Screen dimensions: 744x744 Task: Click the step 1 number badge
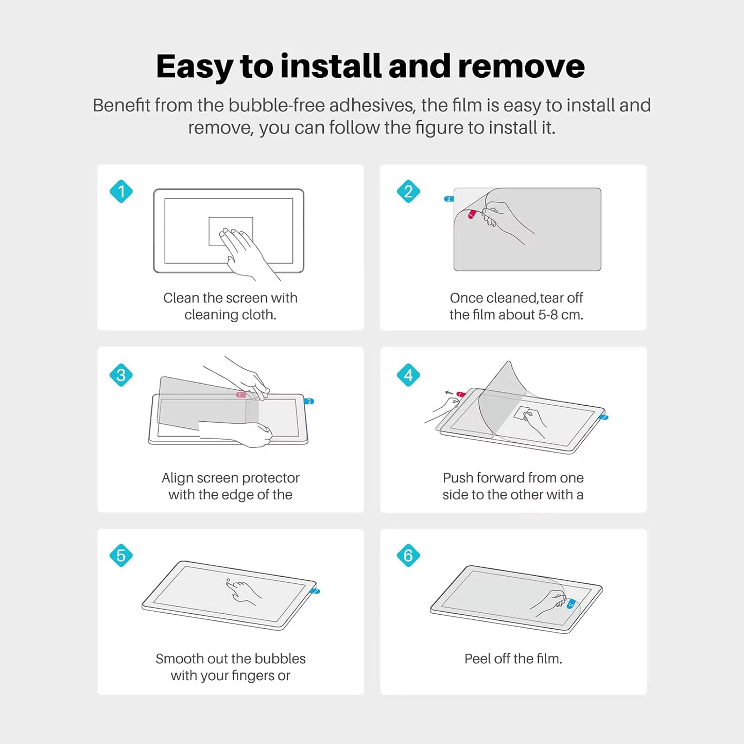[121, 192]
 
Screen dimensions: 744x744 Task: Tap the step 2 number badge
[408, 192]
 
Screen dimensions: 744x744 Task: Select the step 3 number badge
[121, 375]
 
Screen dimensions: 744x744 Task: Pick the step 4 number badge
[408, 375]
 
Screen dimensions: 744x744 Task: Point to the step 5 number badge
[121, 556]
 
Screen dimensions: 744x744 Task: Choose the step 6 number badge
[408, 556]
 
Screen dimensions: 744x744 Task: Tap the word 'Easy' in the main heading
[194, 67]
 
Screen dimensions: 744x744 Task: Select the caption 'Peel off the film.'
[513, 659]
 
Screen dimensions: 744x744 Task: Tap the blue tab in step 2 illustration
[448, 199]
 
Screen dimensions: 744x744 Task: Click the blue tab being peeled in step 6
[570, 604]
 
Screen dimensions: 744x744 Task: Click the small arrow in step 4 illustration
[449, 393]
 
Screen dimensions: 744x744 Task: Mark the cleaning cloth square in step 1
[231, 231]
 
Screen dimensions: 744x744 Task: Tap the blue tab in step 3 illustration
[309, 401]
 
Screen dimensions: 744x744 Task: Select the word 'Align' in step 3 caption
[176, 478]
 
